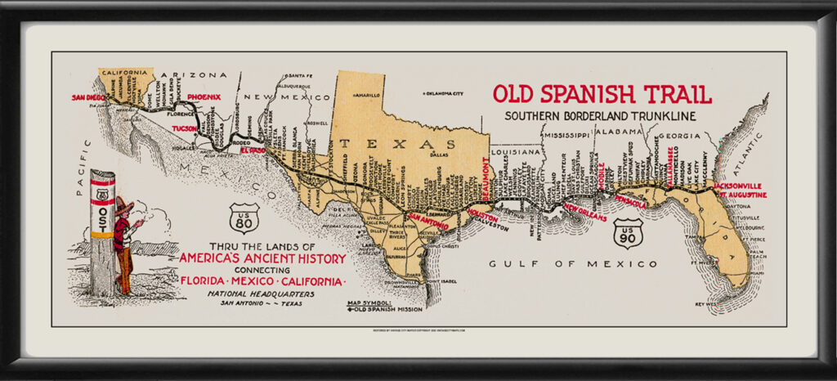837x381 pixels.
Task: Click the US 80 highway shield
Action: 244,218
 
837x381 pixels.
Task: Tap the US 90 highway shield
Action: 629,233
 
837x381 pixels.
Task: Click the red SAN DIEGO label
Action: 89,97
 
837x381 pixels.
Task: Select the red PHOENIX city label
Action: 204,97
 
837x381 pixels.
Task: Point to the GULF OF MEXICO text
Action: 572,264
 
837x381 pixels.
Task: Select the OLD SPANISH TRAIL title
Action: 602,93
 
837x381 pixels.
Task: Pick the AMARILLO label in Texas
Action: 368,95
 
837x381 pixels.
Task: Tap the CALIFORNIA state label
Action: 126,72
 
